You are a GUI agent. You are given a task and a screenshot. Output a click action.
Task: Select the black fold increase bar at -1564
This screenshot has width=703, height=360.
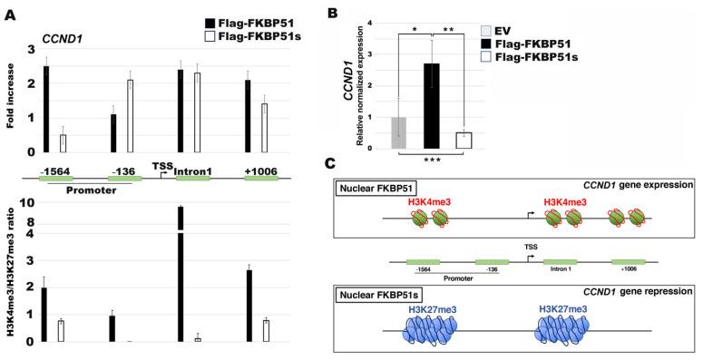point(45,109)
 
